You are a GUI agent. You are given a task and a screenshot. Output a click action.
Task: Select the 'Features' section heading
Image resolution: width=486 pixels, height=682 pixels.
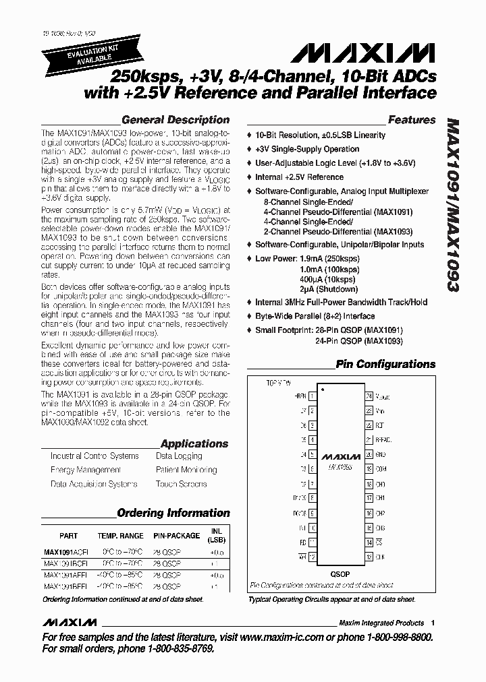coord(412,120)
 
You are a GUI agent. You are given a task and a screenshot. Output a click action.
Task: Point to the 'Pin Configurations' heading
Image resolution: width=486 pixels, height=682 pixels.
coord(385,365)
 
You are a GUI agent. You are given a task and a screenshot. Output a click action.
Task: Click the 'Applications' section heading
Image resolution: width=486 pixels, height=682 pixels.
coord(194,443)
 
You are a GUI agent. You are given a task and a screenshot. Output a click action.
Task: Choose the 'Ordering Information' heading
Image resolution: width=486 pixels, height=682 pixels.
coord(173,513)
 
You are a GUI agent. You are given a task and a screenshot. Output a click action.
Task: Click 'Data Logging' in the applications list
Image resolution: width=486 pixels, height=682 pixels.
coord(179,456)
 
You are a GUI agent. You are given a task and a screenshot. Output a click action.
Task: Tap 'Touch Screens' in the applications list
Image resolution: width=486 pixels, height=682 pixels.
coord(180,484)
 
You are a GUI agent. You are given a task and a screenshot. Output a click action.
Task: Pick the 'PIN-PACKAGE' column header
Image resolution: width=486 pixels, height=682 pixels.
coord(176,536)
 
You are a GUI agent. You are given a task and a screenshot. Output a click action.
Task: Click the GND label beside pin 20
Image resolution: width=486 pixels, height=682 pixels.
coord(380,454)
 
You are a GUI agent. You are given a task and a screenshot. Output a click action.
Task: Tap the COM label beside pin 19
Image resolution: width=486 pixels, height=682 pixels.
coord(381,469)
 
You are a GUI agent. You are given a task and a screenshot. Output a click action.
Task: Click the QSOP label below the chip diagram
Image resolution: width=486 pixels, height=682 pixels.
coord(340,574)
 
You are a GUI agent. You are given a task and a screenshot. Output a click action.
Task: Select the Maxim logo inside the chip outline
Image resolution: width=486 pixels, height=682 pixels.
coord(340,456)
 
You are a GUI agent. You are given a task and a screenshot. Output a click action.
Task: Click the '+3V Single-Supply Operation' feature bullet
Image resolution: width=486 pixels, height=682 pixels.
coord(307,149)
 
